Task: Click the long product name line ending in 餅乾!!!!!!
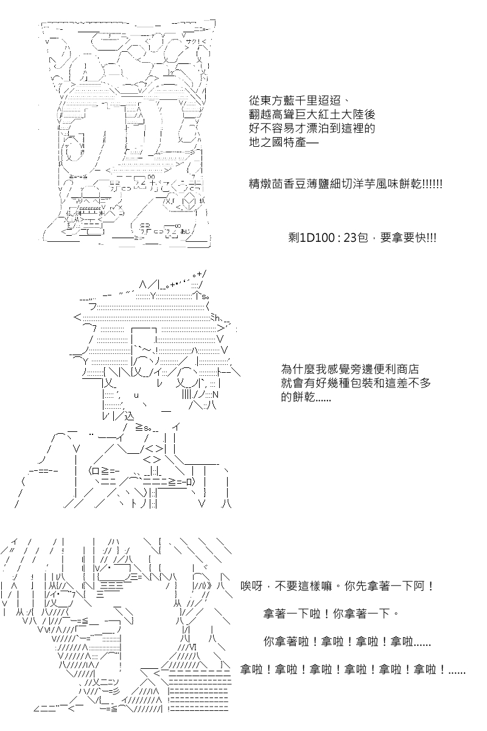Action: tap(345, 183)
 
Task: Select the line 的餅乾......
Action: tap(306, 398)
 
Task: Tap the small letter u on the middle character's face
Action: tap(136, 395)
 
